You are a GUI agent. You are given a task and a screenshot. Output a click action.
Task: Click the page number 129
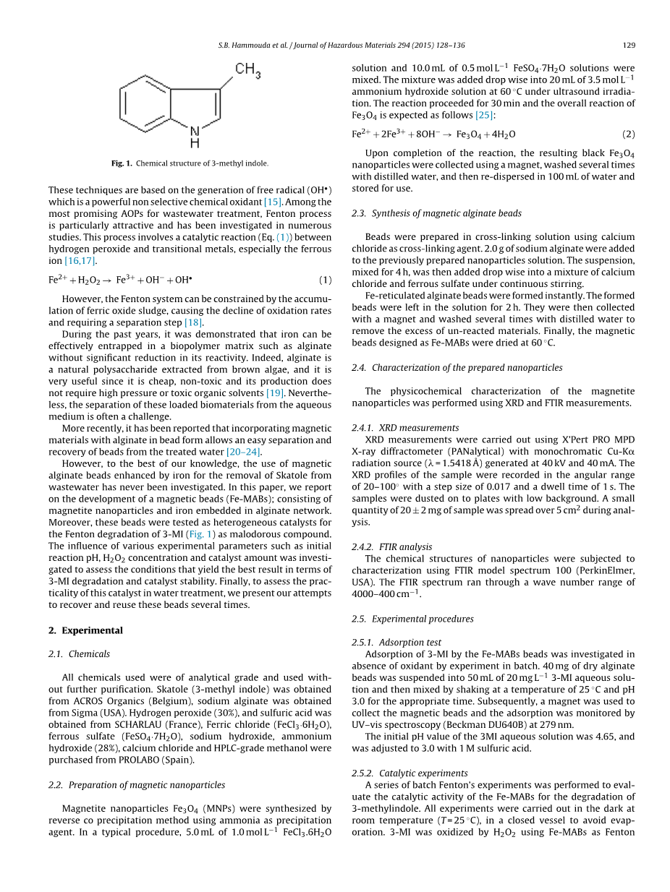(x=629, y=45)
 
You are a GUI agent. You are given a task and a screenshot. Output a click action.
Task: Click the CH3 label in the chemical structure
(x=247, y=70)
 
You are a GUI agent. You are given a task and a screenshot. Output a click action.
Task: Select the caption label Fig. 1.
(x=122, y=163)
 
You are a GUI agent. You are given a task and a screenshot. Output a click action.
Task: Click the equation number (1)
(x=326, y=280)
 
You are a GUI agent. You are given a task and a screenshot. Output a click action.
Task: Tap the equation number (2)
(x=629, y=134)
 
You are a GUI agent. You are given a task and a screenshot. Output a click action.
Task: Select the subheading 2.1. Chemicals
(x=80, y=654)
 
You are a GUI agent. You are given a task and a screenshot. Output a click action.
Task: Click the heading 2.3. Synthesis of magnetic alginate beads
(x=436, y=213)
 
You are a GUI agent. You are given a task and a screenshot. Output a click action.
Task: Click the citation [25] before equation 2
(x=485, y=115)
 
